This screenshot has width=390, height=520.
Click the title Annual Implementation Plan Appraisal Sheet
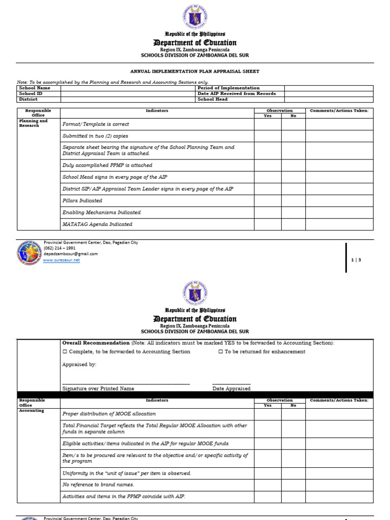point(195,72)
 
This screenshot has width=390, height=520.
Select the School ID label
point(30,93)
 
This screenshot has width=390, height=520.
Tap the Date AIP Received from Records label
point(237,93)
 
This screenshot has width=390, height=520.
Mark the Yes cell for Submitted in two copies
point(268,136)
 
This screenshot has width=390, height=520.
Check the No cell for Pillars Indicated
point(293,201)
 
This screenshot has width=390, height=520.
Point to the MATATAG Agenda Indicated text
point(97,224)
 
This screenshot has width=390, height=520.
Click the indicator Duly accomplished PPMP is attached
point(107,165)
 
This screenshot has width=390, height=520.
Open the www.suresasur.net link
point(61,260)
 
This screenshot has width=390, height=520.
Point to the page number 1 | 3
point(356,260)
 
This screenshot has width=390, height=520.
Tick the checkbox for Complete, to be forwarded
point(64,351)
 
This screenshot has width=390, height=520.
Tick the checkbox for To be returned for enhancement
point(221,351)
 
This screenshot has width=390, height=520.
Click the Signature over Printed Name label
point(98,388)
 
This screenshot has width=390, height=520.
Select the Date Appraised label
point(232,388)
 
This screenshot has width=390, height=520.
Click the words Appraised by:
point(79,365)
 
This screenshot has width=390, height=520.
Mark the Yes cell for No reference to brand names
point(268,485)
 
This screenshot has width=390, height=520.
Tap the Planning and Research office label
point(34,123)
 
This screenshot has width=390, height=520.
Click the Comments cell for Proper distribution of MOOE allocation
point(339,414)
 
